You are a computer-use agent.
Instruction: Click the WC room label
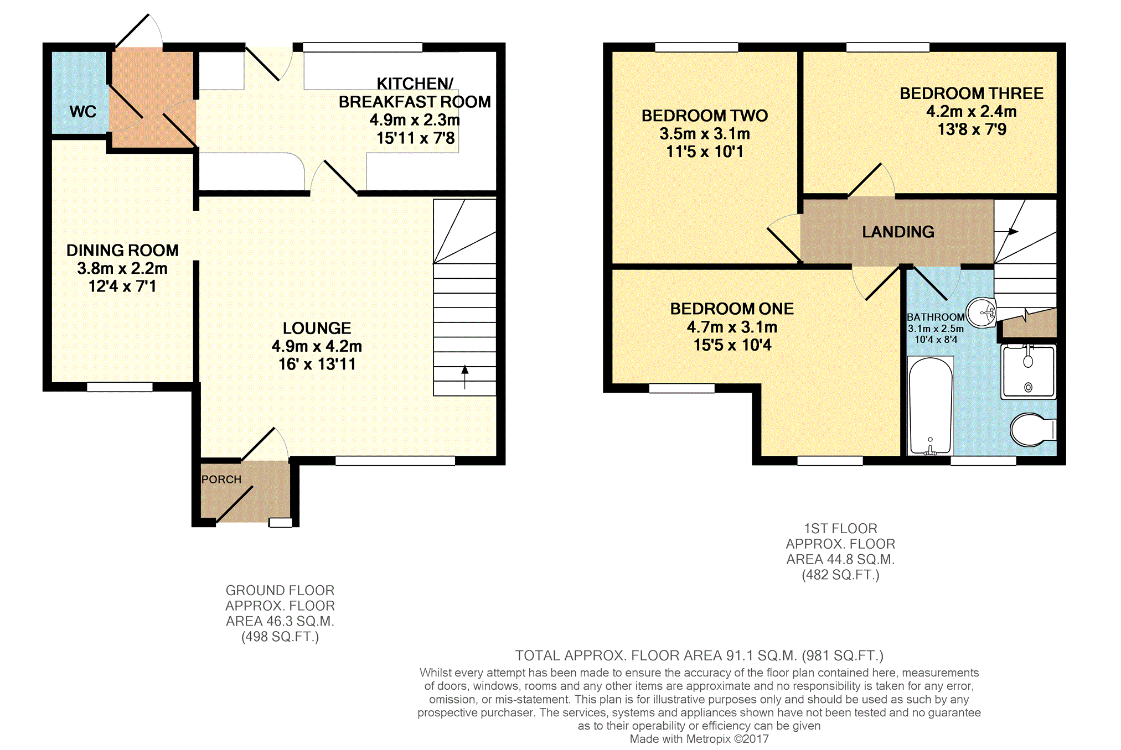point(83,112)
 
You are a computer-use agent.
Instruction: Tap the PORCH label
point(221,480)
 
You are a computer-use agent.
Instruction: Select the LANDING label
point(898,232)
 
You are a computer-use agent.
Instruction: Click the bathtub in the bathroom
point(931,406)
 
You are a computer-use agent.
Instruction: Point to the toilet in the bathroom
point(1033,429)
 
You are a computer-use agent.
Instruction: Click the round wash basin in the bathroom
point(981,313)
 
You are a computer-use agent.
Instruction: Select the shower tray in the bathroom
point(1029,371)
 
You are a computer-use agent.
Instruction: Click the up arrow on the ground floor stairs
point(465,377)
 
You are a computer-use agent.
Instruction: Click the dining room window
point(120,387)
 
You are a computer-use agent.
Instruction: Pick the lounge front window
point(395,461)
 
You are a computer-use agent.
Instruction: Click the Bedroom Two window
point(696,48)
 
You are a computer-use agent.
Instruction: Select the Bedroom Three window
point(888,48)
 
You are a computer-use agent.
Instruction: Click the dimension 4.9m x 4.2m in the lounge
point(317,346)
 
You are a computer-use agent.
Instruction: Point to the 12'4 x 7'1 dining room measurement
point(122,287)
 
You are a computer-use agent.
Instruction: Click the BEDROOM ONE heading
point(732,309)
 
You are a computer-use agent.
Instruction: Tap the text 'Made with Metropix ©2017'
point(699,739)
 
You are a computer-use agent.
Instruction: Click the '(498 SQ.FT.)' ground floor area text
point(280,637)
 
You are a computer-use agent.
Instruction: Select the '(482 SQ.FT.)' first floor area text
point(840,575)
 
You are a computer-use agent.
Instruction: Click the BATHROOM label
point(936,317)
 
